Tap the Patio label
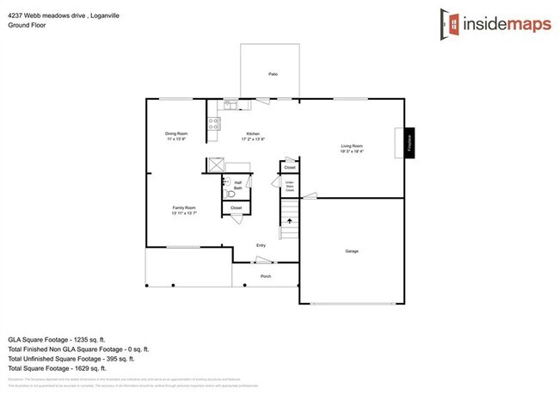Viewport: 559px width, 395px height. click(x=273, y=75)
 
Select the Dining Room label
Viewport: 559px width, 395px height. click(x=175, y=135)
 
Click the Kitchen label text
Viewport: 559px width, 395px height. click(x=253, y=135)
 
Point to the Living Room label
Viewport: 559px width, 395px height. click(x=352, y=148)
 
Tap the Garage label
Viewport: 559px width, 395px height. click(x=352, y=251)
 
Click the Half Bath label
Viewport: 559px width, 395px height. click(x=237, y=184)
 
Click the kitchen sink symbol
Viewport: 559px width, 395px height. click(x=230, y=105)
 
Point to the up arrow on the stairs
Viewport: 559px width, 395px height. click(x=290, y=222)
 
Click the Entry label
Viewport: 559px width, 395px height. click(x=261, y=245)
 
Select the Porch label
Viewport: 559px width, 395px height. click(x=266, y=276)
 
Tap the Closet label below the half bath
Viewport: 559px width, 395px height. click(x=236, y=208)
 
